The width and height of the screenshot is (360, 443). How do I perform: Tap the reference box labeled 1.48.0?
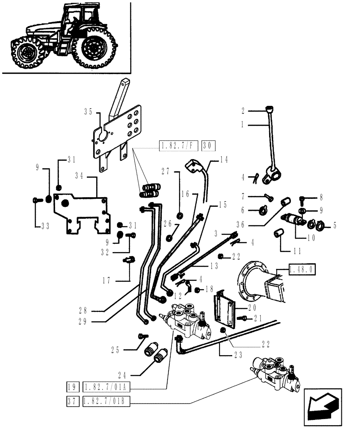(x=301, y=269)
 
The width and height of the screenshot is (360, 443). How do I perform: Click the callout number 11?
(x=297, y=251)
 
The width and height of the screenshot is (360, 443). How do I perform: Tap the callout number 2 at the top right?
(x=243, y=111)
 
